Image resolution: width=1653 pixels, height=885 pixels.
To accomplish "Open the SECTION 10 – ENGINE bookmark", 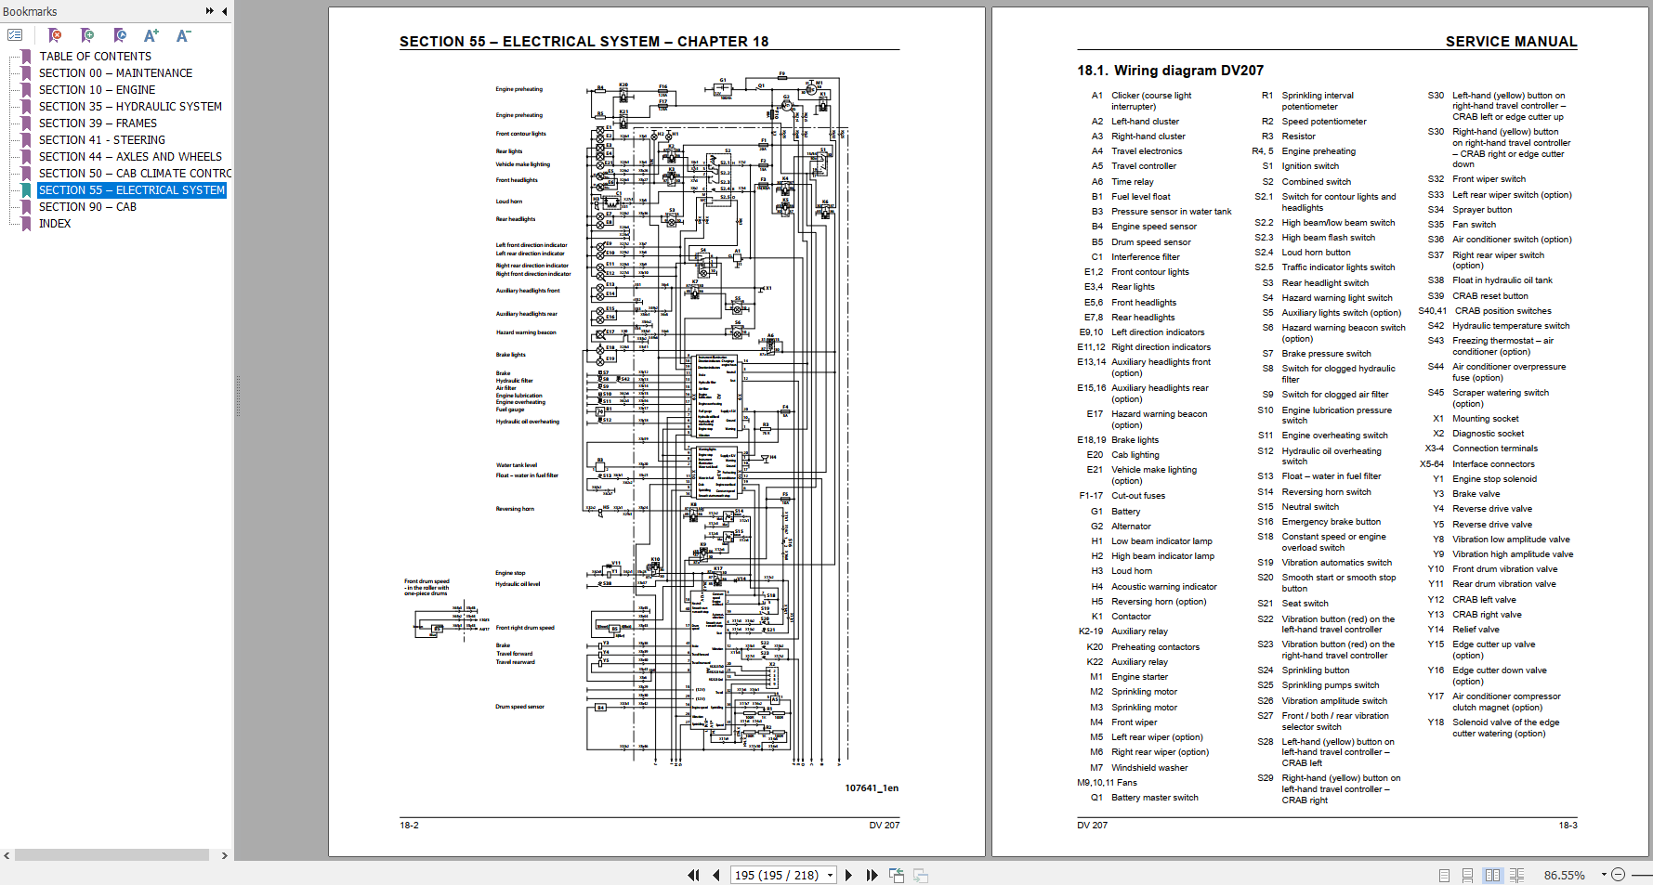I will (x=97, y=90).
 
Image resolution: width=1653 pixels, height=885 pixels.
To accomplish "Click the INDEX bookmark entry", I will (x=55, y=224).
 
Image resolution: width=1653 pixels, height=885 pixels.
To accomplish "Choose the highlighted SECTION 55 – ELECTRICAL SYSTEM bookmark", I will (x=131, y=190).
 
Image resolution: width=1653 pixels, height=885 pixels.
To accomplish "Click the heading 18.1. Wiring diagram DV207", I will (x=1170, y=71).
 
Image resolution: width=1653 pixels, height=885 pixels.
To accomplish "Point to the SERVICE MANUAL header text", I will (x=1510, y=42).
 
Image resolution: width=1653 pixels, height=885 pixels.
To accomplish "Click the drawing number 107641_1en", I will (x=871, y=788).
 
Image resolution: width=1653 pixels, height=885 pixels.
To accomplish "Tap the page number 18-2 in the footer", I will (x=409, y=825).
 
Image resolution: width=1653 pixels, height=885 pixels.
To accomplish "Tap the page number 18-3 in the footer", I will (x=1567, y=825).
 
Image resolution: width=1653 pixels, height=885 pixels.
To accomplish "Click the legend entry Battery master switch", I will (x=1154, y=798).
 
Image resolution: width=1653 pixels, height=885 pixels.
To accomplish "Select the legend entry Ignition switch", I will (x=1310, y=166).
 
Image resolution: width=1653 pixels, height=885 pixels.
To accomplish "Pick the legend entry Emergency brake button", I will (x=1331, y=522).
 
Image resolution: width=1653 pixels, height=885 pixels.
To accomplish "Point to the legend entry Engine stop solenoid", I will (x=1494, y=479).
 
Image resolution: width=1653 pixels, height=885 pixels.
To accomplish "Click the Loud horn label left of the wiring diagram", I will (x=508, y=202).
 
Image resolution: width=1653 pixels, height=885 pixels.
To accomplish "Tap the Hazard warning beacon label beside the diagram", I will (x=525, y=332).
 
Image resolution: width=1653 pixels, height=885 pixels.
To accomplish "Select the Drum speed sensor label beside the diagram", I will (x=519, y=707).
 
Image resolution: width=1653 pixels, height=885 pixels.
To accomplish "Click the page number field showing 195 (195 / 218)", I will (x=777, y=875).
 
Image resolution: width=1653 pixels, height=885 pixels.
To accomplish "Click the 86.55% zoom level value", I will (x=1564, y=875).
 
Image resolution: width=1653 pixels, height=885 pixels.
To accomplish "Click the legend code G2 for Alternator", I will (x=1096, y=527).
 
